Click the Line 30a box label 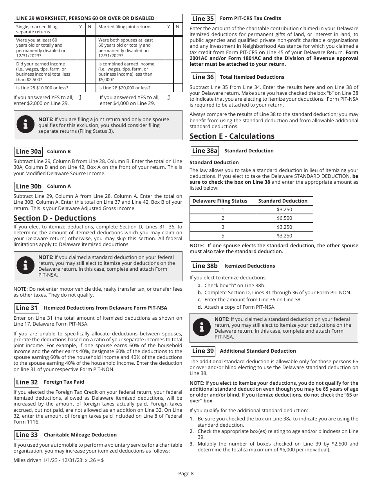coord(29,152)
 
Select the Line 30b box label coord(29,187)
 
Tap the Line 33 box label coord(27,435)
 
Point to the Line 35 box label coord(203,18)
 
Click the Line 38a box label coord(205,151)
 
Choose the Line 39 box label coord(203,351)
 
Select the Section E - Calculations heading coord(232,136)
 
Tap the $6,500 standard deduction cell coord(284,218)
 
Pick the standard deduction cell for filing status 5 coord(284,236)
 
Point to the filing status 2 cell coord(223,218)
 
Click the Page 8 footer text coord(186,473)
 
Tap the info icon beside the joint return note coord(26,125)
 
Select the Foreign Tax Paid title coord(64,382)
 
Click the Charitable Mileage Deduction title coord(80,435)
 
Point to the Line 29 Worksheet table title coord(85,18)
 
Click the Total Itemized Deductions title coord(252,77)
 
